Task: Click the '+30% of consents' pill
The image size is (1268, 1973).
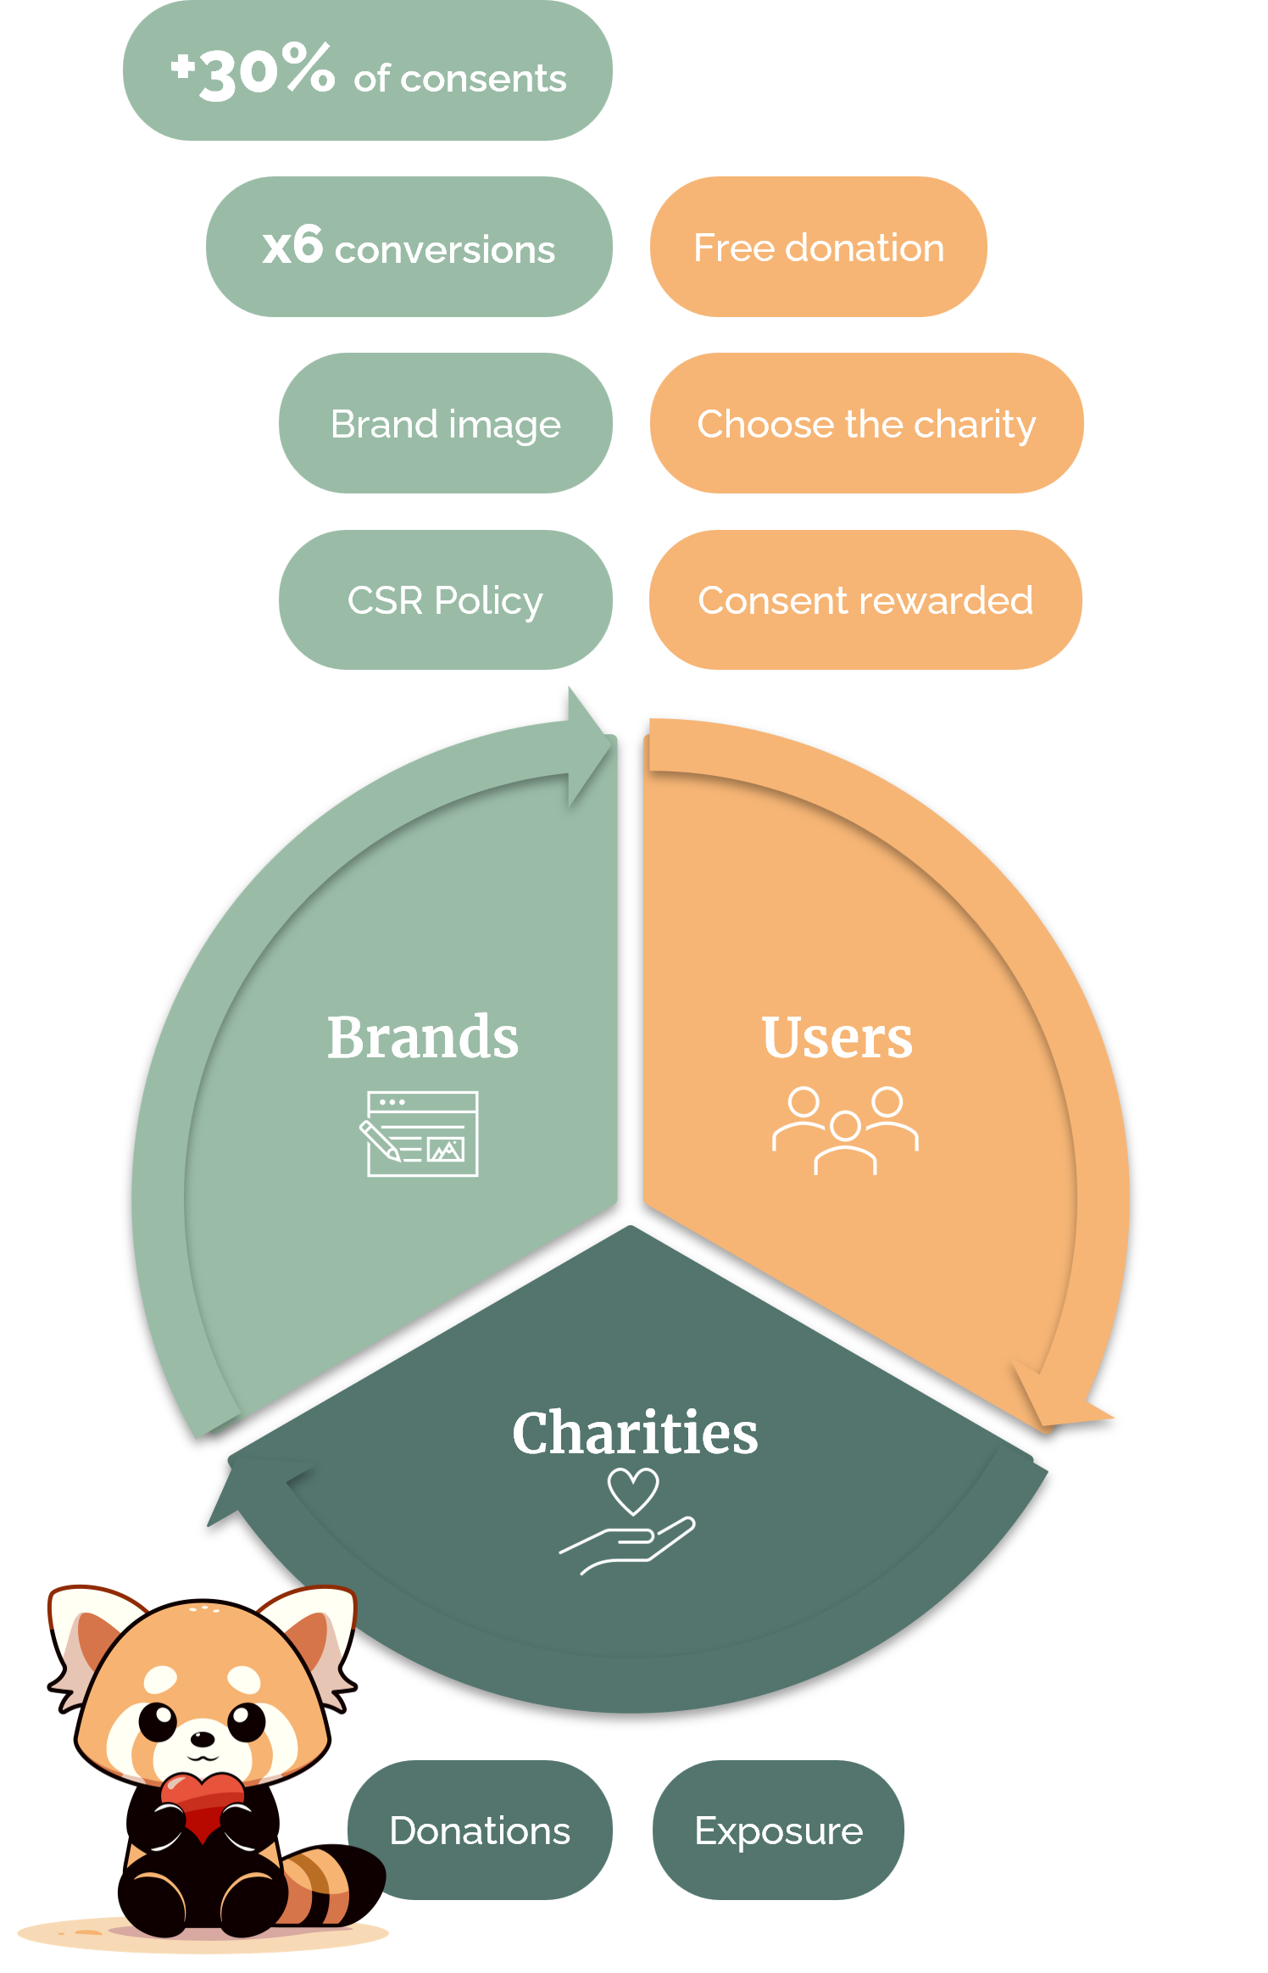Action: tap(367, 71)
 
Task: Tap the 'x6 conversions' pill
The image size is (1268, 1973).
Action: tap(409, 247)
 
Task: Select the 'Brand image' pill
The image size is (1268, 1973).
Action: tap(445, 423)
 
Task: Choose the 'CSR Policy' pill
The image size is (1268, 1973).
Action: tap(445, 599)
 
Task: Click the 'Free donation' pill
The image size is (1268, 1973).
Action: tap(818, 247)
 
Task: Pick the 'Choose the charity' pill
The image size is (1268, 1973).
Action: tap(865, 423)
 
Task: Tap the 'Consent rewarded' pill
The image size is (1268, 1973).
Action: tap(865, 599)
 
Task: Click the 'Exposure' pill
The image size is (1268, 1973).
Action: tap(778, 1830)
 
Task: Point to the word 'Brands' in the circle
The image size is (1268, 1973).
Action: tap(423, 1037)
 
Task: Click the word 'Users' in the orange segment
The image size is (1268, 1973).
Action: tap(837, 1037)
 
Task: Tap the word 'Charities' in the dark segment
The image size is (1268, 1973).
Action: tap(635, 1433)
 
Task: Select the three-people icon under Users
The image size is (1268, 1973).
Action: tap(845, 1130)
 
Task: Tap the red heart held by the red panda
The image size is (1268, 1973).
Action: tap(203, 1803)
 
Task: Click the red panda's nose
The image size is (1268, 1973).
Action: tap(202, 1738)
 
